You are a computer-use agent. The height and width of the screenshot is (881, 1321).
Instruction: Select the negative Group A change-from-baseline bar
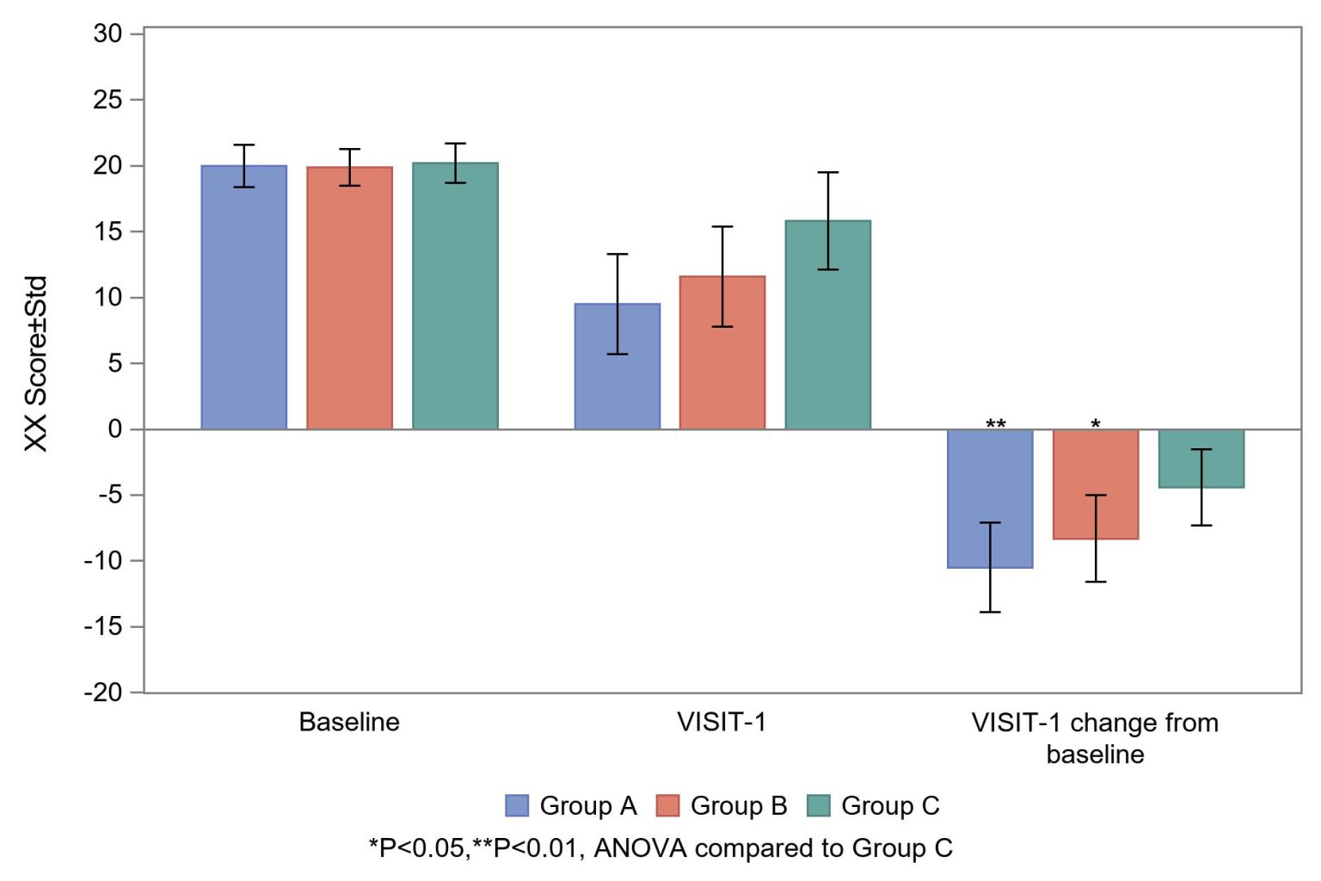[x=990, y=498]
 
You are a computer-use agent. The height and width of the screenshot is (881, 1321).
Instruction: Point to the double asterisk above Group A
[x=995, y=424]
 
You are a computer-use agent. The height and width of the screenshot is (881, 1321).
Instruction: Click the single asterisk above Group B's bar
[x=1096, y=424]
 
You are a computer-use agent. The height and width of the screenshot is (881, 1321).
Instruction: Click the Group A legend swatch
[x=517, y=805]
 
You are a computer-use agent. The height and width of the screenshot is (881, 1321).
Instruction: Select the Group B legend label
[x=738, y=805]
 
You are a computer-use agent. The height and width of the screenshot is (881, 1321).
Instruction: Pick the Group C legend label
[x=889, y=805]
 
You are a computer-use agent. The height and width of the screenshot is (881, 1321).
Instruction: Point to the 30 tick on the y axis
[x=108, y=34]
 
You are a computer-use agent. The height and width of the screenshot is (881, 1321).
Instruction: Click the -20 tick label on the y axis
[x=103, y=693]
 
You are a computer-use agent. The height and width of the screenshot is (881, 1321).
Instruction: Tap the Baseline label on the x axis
[x=349, y=722]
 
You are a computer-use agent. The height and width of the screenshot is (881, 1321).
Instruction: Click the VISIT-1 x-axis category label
[x=722, y=722]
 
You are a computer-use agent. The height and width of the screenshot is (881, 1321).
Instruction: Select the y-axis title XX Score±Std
[x=35, y=363]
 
